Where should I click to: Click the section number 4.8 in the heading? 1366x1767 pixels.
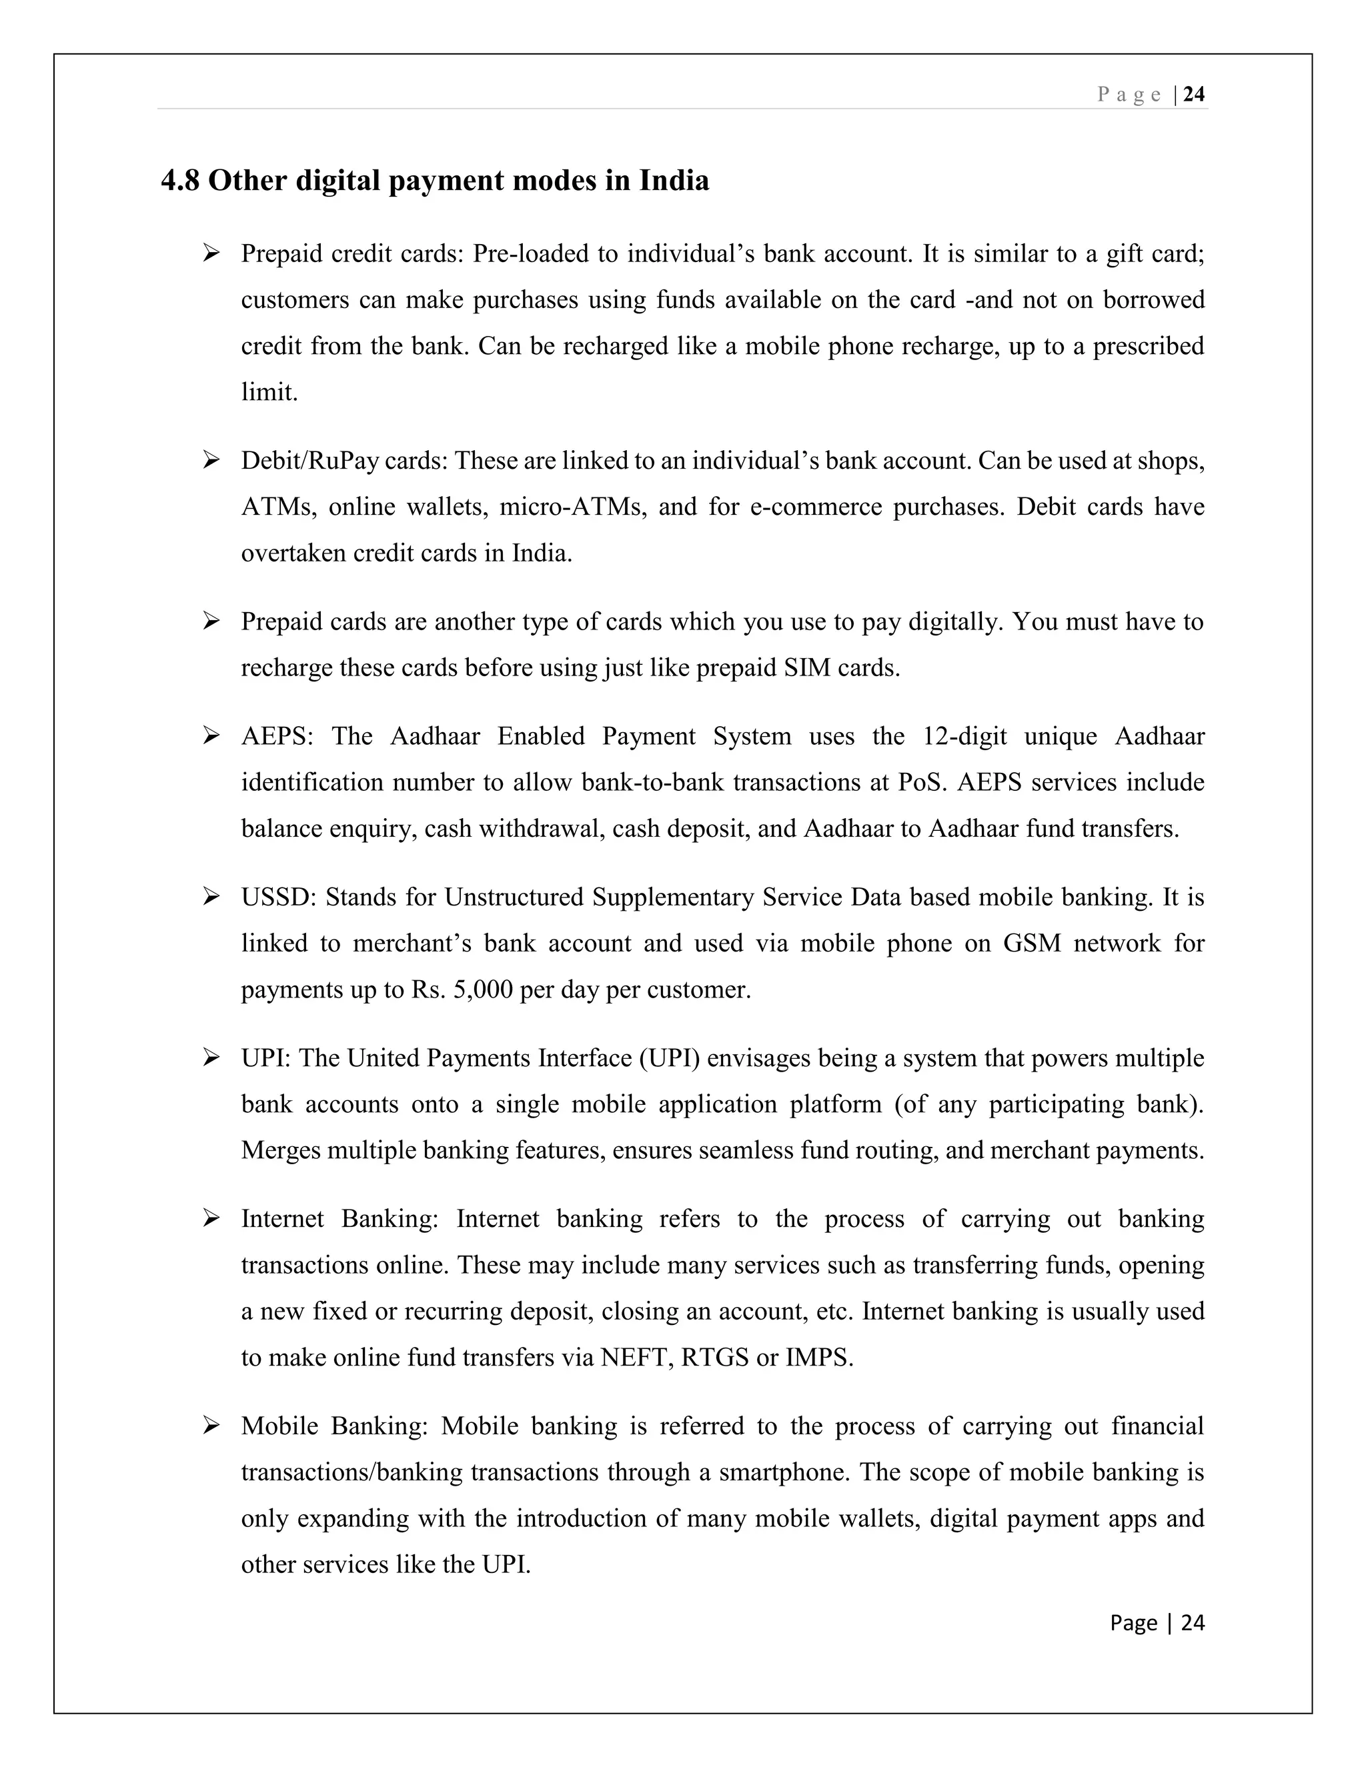[179, 181]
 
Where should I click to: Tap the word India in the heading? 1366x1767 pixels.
[674, 181]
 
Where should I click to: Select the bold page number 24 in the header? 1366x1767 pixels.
[1194, 95]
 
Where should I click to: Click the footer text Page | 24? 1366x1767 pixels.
[1157, 1622]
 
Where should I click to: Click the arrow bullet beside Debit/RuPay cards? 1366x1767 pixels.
[211, 460]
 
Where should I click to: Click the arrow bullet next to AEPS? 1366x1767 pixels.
[211, 736]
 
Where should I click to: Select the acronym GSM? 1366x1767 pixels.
[1032, 944]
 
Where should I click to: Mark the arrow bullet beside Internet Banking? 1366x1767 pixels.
[211, 1218]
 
